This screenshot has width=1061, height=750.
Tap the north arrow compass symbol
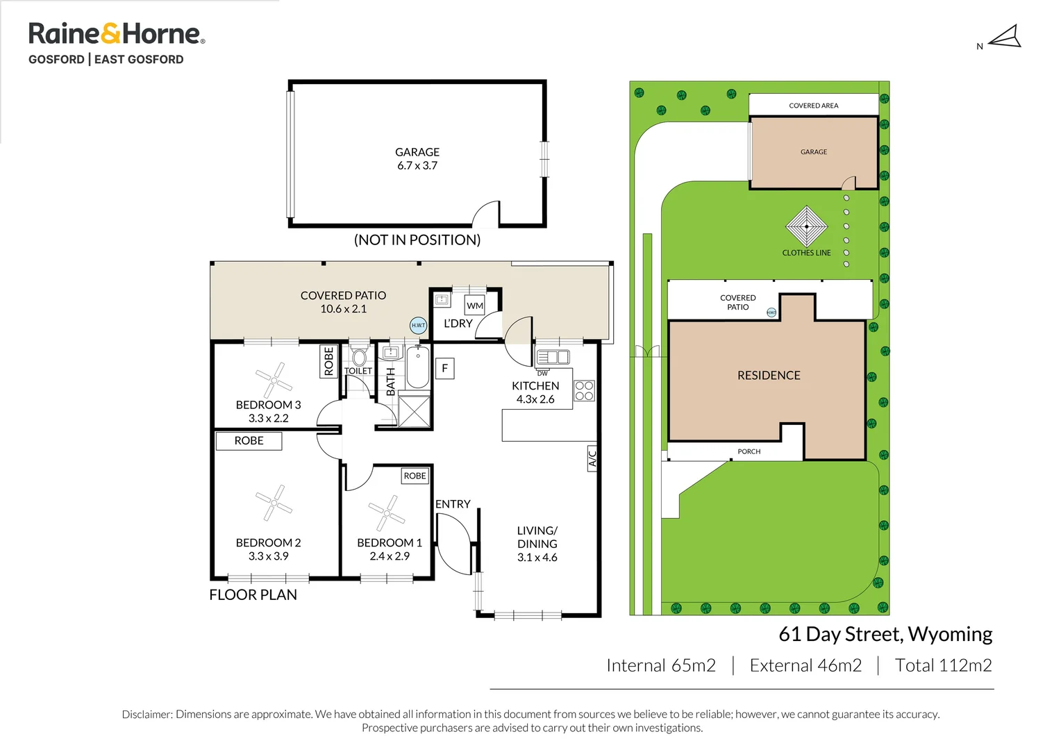[x=1004, y=37]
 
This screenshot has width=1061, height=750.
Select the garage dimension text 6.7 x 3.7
[x=417, y=166]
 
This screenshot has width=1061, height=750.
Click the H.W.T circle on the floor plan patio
[x=418, y=325]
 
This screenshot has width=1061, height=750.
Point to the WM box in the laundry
[x=475, y=306]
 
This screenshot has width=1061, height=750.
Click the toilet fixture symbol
[x=359, y=356]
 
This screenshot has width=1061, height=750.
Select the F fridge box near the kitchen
[x=445, y=368]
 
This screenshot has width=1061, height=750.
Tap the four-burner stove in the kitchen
[x=584, y=391]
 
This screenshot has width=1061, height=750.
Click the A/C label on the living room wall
[x=592, y=458]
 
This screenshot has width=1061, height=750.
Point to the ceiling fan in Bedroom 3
[x=274, y=380]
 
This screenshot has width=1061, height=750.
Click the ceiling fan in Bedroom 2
[x=274, y=502]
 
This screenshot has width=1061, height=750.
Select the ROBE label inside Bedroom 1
[x=415, y=476]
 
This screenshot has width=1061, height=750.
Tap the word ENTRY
[x=453, y=504]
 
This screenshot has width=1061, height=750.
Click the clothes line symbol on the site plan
[x=806, y=226]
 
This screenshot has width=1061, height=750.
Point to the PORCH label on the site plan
[x=749, y=451]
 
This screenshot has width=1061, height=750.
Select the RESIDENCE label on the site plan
[x=769, y=376]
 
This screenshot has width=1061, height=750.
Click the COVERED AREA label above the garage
[x=813, y=106]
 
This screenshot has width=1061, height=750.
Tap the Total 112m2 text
[x=943, y=665]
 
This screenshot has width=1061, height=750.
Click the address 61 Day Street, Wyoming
[x=885, y=634]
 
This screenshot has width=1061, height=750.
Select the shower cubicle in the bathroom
[x=414, y=410]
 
